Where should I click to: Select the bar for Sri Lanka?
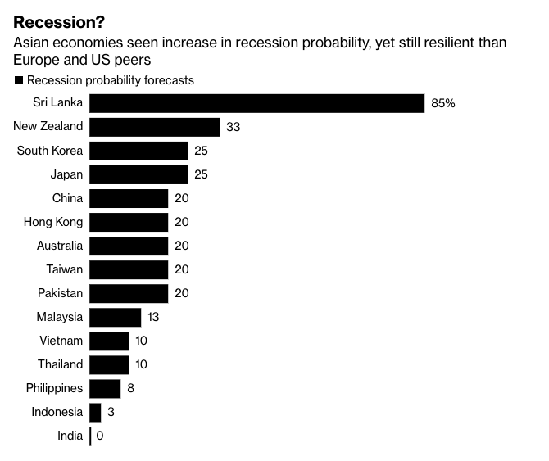(x=256, y=103)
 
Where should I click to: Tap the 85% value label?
(x=442, y=103)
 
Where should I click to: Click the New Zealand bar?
(x=154, y=127)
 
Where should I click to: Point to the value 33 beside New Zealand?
(x=233, y=127)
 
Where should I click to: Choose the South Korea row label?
(x=50, y=151)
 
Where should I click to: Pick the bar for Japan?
(x=138, y=174)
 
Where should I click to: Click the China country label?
(x=66, y=198)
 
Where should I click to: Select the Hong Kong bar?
(x=128, y=222)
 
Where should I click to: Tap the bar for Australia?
(x=128, y=246)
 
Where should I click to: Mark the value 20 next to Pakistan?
(x=181, y=293)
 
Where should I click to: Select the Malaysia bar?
(x=115, y=317)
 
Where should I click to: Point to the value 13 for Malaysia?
(x=153, y=317)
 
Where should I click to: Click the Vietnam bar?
(x=109, y=341)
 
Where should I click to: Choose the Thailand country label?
(x=60, y=364)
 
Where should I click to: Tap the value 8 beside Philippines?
(x=130, y=388)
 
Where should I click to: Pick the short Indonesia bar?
(x=95, y=412)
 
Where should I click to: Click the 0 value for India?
(x=99, y=436)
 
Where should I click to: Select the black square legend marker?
(x=18, y=81)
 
